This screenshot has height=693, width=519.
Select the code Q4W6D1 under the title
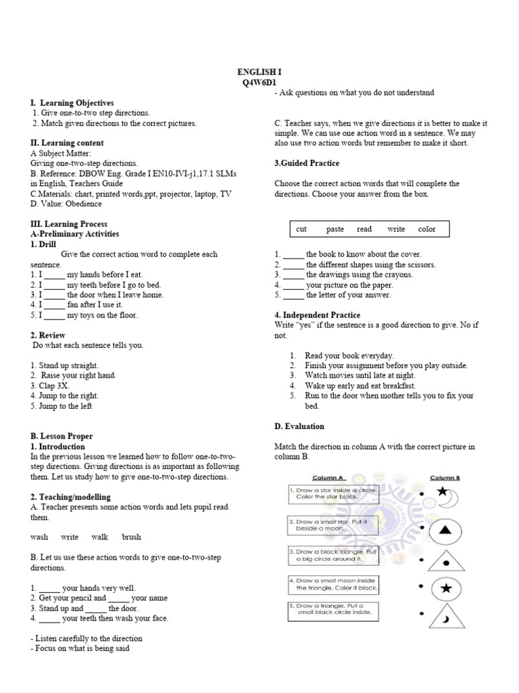(x=259, y=82)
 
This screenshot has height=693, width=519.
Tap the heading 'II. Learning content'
(x=68, y=143)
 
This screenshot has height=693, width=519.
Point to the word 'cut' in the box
(x=301, y=229)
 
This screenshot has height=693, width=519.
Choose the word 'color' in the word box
(x=426, y=229)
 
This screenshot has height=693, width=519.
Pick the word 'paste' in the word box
(x=335, y=229)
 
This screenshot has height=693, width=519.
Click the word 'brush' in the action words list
(x=131, y=537)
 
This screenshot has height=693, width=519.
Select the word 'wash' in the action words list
(x=39, y=537)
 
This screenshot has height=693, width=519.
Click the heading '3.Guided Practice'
(x=307, y=164)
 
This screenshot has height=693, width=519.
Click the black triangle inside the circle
(x=445, y=529)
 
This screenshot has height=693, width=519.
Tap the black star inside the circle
(x=445, y=589)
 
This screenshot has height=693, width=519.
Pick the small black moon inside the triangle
(x=446, y=619)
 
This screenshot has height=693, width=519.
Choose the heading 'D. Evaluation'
(x=299, y=426)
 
